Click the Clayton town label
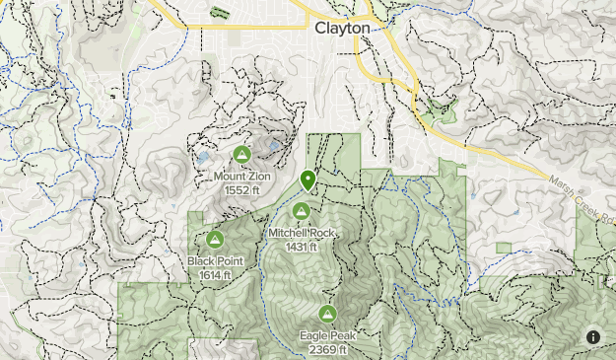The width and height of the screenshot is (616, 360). (x=342, y=29)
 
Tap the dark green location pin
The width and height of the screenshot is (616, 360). (x=308, y=180)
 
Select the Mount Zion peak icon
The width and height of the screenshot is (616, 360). (x=241, y=154)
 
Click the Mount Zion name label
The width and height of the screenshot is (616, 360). (x=241, y=178)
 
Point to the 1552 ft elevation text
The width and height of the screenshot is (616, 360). (x=241, y=190)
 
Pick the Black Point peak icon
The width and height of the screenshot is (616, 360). (x=214, y=238)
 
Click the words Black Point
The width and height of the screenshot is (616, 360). (x=214, y=261)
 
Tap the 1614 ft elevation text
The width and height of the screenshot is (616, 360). (x=214, y=274)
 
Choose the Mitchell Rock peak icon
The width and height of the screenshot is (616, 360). (x=302, y=210)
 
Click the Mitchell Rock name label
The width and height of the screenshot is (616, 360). (x=303, y=234)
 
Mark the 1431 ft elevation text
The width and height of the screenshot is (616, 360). (x=302, y=247)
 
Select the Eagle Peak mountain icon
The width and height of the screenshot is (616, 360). (x=327, y=314)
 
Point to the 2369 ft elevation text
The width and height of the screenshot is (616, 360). (x=327, y=349)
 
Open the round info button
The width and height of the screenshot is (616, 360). (x=593, y=336)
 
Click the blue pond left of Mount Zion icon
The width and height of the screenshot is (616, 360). (x=203, y=157)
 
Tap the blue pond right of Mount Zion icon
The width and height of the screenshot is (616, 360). (x=274, y=146)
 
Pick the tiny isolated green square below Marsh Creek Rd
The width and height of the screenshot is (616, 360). (x=504, y=247)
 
